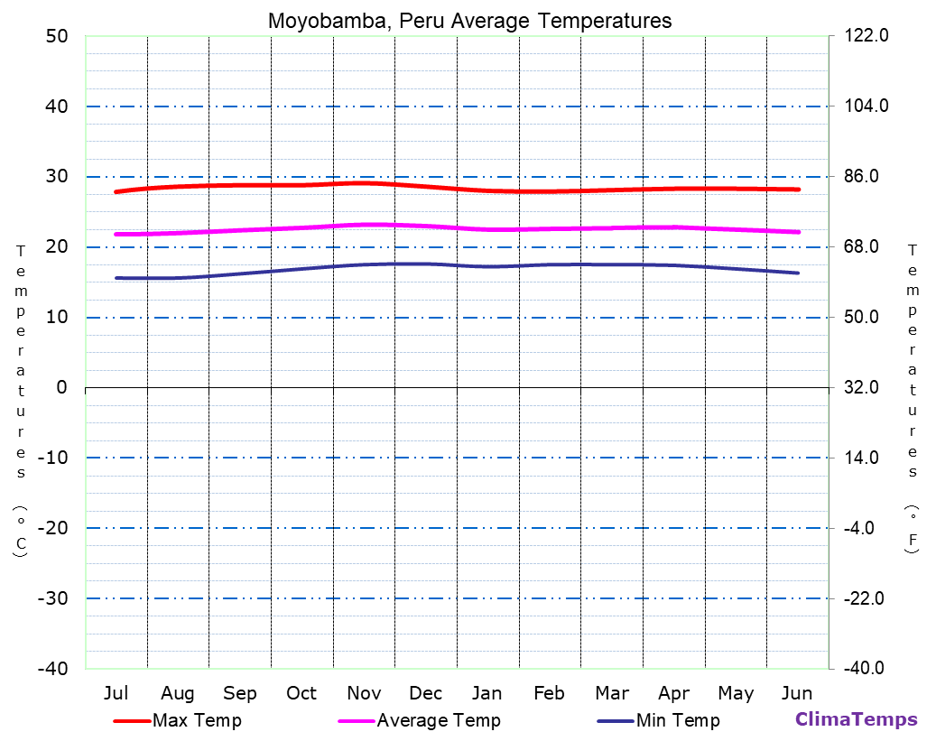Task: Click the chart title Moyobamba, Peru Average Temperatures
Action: pyautogui.click(x=469, y=21)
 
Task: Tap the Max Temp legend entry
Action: pyautogui.click(x=197, y=720)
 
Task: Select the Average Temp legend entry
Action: pyautogui.click(x=438, y=720)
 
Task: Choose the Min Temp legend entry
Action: pyautogui.click(x=677, y=720)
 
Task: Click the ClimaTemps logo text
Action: pyautogui.click(x=856, y=719)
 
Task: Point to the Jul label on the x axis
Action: pyautogui.click(x=116, y=693)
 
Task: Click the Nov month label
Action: pyautogui.click(x=364, y=693)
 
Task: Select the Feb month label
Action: pyautogui.click(x=549, y=693)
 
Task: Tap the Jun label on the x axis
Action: pyautogui.click(x=796, y=693)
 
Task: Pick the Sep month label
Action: pyautogui.click(x=239, y=693)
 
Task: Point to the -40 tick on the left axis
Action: pyautogui.click(x=51, y=669)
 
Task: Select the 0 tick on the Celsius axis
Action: pyautogui.click(x=61, y=387)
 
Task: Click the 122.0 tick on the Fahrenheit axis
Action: pyautogui.click(x=866, y=36)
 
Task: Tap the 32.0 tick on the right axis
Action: pyautogui.click(x=862, y=387)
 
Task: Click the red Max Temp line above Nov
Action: pyautogui.click(x=364, y=183)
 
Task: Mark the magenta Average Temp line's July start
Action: pyautogui.click(x=116, y=234)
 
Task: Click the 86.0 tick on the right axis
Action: pyautogui.click(x=862, y=176)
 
